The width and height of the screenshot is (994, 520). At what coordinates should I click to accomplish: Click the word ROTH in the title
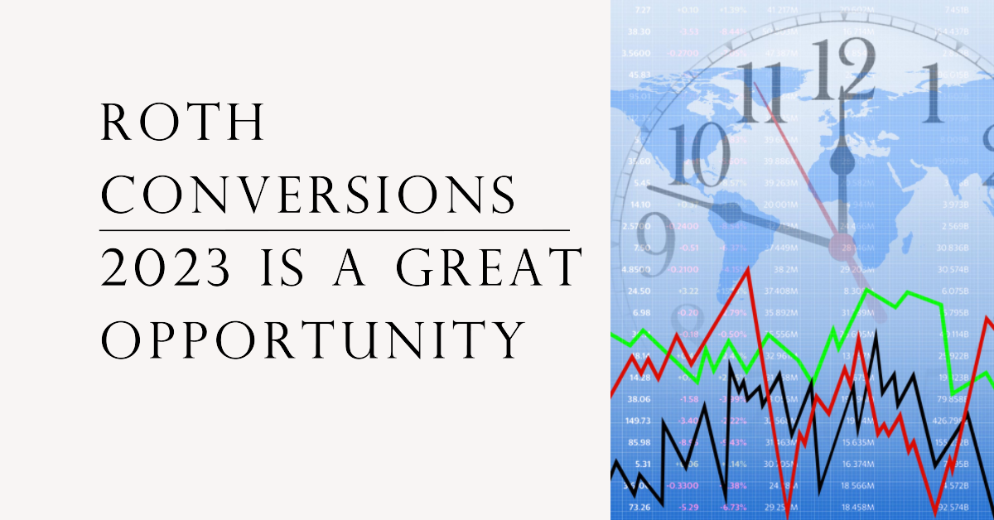tap(183, 122)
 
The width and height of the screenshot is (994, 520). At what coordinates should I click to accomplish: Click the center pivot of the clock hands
tap(842, 243)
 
